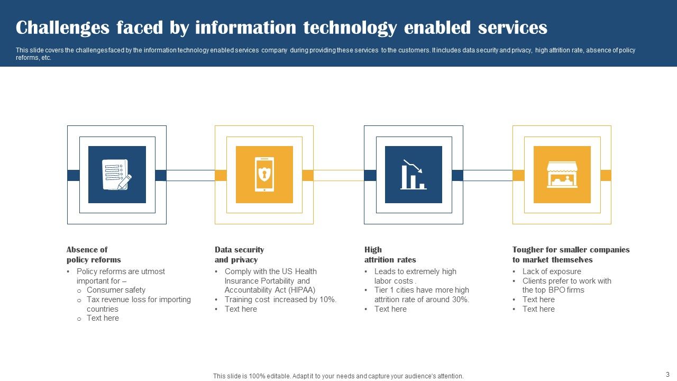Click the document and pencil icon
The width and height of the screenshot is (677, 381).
click(x=116, y=175)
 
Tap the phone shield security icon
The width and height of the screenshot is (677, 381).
click(x=264, y=175)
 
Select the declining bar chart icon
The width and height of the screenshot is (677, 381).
click(x=413, y=175)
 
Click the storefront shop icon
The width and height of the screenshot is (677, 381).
click(x=562, y=175)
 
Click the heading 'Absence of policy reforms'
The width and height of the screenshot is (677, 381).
click(x=94, y=255)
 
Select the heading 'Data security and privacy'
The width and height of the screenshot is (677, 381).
click(x=239, y=255)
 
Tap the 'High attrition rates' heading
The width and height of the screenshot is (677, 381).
click(x=390, y=255)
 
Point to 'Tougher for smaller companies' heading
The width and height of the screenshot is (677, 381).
click(x=571, y=250)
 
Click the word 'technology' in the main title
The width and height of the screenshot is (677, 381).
click(x=350, y=27)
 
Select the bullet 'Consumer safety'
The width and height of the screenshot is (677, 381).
click(x=116, y=290)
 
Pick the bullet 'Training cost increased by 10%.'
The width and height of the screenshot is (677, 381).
click(x=280, y=300)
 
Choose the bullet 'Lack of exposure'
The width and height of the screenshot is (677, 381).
click(x=552, y=271)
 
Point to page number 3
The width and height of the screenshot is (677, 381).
click(x=667, y=374)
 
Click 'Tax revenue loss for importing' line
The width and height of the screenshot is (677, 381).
click(x=139, y=300)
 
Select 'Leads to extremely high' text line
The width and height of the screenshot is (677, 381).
click(x=415, y=271)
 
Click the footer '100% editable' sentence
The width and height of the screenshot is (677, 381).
click(x=338, y=376)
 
